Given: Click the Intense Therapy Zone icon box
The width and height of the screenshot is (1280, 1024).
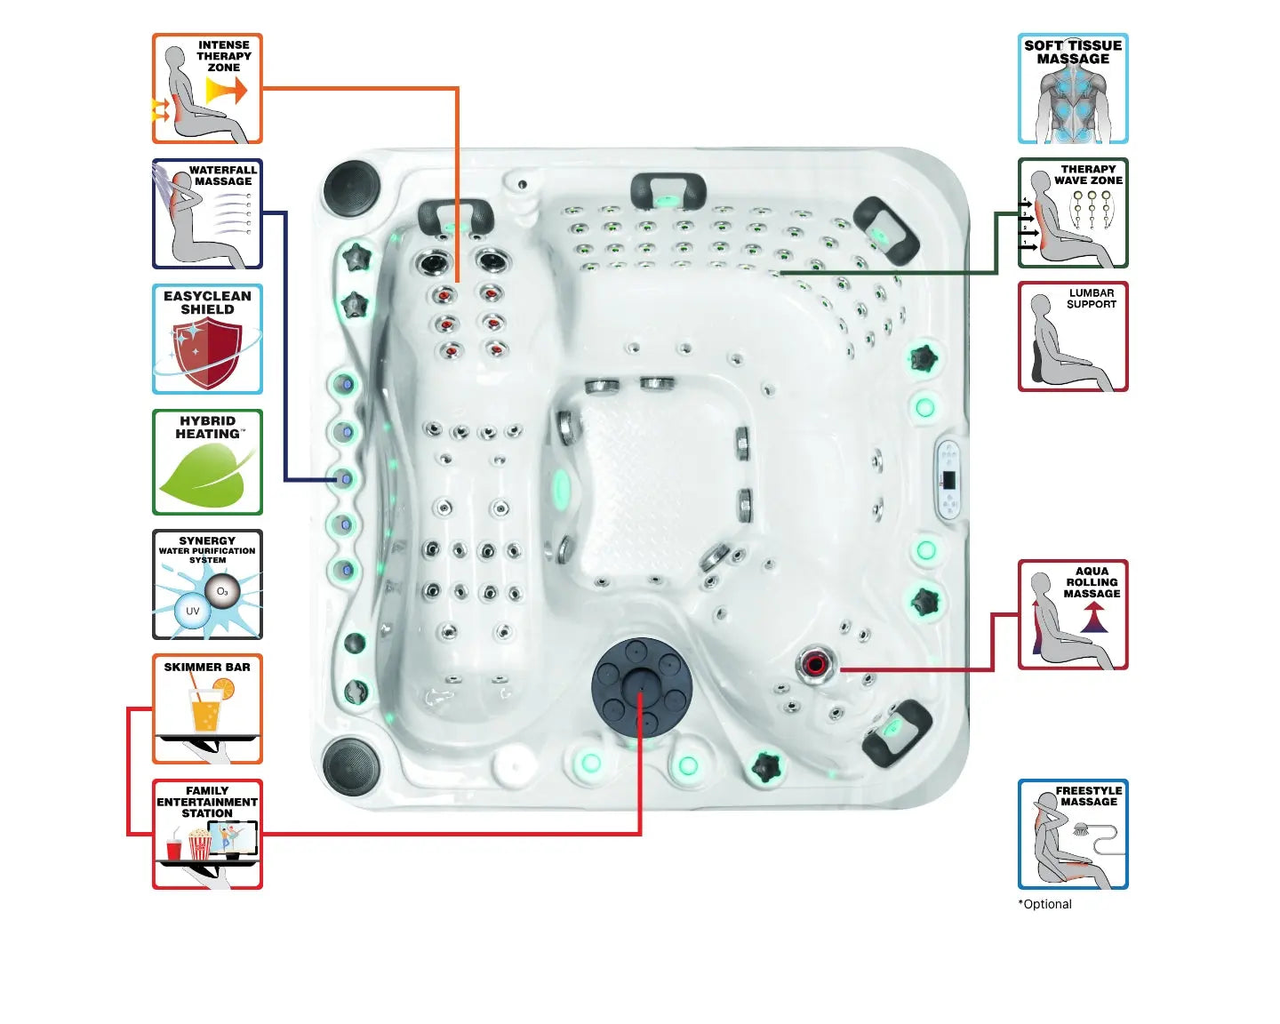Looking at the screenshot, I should [x=207, y=89].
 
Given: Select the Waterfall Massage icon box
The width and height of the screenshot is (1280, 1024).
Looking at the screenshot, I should [x=207, y=214].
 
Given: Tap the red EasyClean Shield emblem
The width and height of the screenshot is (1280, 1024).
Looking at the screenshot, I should [x=207, y=353].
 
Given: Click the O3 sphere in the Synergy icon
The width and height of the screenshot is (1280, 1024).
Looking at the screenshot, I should [x=222, y=591].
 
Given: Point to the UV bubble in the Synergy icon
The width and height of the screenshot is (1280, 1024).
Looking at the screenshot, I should [x=192, y=612].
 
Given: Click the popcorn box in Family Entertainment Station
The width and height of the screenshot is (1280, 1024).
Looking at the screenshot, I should [x=199, y=844].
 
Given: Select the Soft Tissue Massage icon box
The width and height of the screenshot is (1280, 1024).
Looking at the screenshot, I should [x=1073, y=89].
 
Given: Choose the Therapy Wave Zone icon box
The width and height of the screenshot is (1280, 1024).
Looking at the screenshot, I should [x=1073, y=213].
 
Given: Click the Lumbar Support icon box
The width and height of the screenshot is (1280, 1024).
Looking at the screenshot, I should [x=1073, y=337].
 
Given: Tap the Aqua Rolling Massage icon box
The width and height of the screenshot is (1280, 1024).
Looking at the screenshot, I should [x=1073, y=615].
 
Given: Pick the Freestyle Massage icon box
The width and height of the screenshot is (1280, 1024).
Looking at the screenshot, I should [x=1073, y=835].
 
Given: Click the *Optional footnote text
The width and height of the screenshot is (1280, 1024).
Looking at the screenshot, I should [x=1045, y=904].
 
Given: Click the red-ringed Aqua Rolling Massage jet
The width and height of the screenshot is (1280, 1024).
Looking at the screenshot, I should [x=815, y=663].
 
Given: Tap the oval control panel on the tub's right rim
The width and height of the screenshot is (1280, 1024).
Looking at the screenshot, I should [x=948, y=480].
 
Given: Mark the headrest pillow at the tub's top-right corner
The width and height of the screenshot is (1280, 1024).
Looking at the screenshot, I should [x=884, y=229].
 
